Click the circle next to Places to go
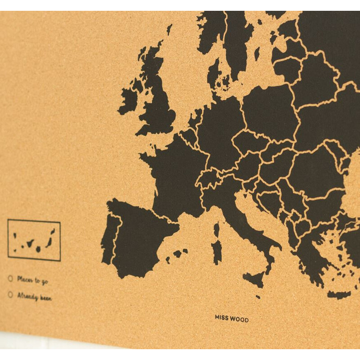click(x=10, y=279)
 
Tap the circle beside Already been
click(x=10, y=295)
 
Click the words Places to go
click(x=32, y=281)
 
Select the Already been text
click(x=34, y=297)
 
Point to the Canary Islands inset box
click(x=34, y=240)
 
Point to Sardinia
click(x=217, y=250)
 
